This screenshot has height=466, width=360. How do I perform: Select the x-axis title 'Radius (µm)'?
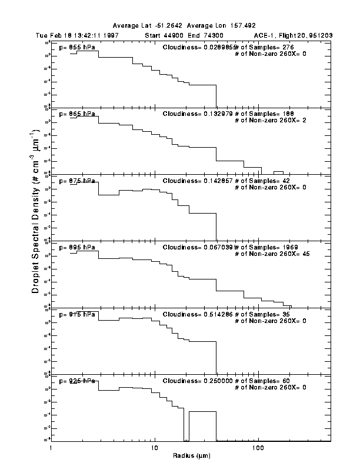192,455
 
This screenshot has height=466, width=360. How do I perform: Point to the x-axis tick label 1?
52,447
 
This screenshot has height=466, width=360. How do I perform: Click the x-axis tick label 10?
155,447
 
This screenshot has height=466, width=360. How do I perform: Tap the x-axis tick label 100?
258,447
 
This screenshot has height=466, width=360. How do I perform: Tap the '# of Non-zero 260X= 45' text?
269,254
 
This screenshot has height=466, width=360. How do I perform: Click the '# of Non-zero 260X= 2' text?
268,120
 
